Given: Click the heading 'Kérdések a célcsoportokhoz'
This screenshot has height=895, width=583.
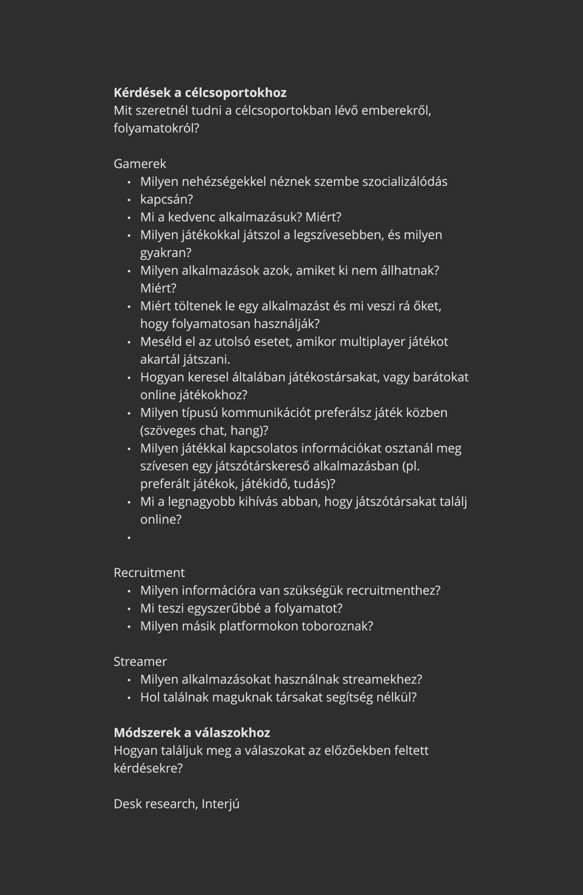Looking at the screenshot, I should (200, 93).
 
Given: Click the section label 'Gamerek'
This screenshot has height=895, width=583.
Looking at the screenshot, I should (140, 164).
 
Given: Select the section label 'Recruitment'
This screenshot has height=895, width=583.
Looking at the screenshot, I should (149, 573).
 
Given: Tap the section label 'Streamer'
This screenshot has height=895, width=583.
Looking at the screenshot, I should (140, 661).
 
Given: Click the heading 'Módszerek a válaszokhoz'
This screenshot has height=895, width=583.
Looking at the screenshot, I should (192, 732).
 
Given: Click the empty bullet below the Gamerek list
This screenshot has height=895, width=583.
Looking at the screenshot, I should (129, 538).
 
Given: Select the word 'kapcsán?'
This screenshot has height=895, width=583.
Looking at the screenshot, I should (166, 199).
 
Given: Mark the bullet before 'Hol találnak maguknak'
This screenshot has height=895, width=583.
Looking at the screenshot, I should (129, 697).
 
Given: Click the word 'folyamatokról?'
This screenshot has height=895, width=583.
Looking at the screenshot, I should (156, 129).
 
